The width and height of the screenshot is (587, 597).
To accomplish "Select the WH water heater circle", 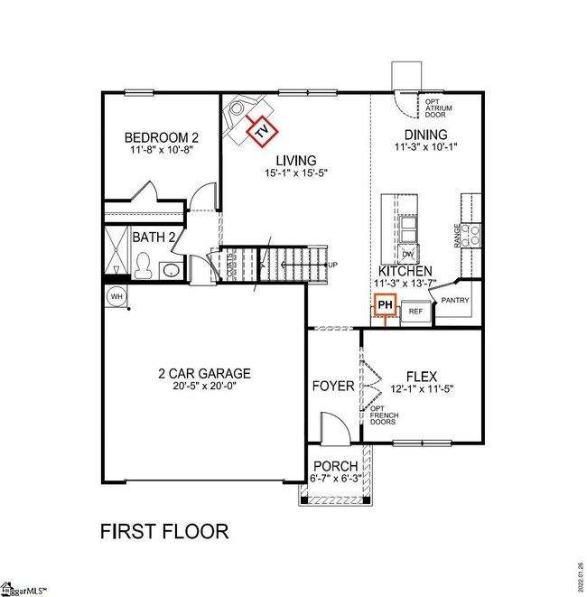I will coord(116,296).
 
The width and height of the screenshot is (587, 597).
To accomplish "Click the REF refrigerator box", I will coord(415,311).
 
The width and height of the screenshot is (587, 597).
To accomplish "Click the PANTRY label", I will coord(455,301).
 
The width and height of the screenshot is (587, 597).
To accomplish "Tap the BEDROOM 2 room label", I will coord(161,138).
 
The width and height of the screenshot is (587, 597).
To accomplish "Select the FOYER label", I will coord(333,386).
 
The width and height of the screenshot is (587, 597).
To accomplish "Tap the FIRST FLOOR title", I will coord(163,530).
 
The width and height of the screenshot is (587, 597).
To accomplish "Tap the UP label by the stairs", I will coord(333,265).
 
